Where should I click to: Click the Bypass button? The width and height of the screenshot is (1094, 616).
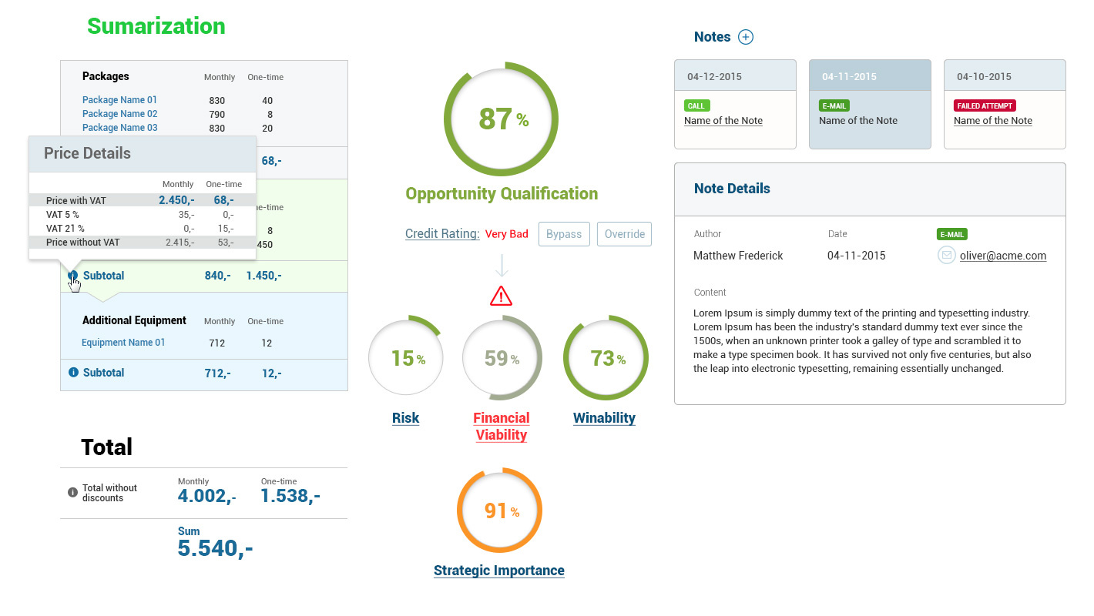[x=564, y=234]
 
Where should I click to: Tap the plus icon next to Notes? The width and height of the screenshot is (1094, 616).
[x=745, y=37]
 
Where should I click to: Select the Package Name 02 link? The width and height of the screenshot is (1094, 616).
[x=119, y=114]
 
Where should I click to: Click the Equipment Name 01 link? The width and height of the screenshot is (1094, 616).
[x=123, y=343]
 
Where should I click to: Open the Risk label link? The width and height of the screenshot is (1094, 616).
[x=405, y=418]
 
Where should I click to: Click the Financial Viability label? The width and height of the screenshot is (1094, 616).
[x=501, y=427]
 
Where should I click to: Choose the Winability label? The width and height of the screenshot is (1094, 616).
[x=604, y=418]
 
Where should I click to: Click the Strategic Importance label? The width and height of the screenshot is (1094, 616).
[x=498, y=571]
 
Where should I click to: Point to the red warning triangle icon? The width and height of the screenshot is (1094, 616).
[x=501, y=296]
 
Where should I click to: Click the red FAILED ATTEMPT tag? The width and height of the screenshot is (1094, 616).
[x=985, y=105]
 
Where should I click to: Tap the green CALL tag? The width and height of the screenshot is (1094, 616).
[x=696, y=105]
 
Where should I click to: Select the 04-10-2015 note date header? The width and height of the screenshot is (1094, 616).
[x=984, y=76]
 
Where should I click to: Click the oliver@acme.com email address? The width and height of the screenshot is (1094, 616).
[x=1002, y=256]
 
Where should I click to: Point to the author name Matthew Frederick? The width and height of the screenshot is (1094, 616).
[x=737, y=256]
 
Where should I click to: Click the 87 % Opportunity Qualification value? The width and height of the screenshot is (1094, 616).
[x=502, y=119]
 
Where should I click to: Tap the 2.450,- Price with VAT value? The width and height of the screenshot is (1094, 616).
[x=176, y=200]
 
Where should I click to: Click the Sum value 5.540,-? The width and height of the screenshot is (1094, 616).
[x=215, y=548]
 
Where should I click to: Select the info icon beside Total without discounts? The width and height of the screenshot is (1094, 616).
[x=72, y=492]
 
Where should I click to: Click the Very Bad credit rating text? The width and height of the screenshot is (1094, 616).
[x=506, y=234]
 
